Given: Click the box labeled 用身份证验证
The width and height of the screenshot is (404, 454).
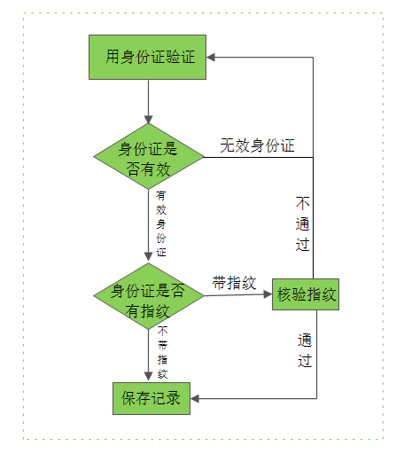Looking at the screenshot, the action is pyautogui.click(x=147, y=57).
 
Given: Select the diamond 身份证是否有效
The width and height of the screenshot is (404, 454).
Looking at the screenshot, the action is pyautogui.click(x=149, y=156).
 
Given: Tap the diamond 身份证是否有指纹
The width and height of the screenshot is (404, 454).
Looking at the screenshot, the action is pyautogui.click(x=149, y=296).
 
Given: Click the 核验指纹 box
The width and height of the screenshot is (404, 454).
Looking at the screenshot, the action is pyautogui.click(x=306, y=294).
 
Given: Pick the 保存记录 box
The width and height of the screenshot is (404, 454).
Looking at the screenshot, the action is pyautogui.click(x=151, y=398).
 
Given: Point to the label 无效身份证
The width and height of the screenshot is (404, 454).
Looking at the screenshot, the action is pyautogui.click(x=257, y=145).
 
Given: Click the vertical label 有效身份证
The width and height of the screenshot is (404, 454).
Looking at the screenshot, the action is pyautogui.click(x=161, y=223).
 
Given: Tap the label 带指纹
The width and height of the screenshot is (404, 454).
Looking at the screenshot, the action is pyautogui.click(x=234, y=283).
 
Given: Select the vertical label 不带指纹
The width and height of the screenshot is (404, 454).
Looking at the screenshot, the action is pyautogui.click(x=163, y=352).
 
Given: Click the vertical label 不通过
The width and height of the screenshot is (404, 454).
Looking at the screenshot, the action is pyautogui.click(x=303, y=223).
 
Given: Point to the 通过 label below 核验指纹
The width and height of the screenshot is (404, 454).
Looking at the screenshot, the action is pyautogui.click(x=305, y=350).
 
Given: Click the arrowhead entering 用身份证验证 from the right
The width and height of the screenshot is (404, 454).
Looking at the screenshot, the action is pyautogui.click(x=211, y=58).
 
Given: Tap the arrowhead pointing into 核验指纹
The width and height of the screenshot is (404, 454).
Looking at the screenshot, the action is pyautogui.click(x=268, y=294).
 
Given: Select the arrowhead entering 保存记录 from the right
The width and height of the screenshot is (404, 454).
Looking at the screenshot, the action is pyautogui.click(x=195, y=398).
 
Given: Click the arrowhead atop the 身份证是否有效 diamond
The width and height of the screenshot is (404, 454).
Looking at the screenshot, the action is pyautogui.click(x=149, y=120).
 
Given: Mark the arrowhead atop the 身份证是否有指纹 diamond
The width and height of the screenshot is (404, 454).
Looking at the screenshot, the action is pyautogui.click(x=149, y=256).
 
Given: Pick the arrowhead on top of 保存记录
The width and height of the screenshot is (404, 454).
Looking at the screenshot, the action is pyautogui.click(x=149, y=376).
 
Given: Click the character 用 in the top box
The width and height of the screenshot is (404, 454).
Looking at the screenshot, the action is pyautogui.click(x=113, y=57).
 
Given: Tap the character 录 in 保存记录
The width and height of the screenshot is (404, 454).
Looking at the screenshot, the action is pyautogui.click(x=173, y=398).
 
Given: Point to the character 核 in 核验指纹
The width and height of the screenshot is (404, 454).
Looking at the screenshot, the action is pyautogui.click(x=284, y=294).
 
